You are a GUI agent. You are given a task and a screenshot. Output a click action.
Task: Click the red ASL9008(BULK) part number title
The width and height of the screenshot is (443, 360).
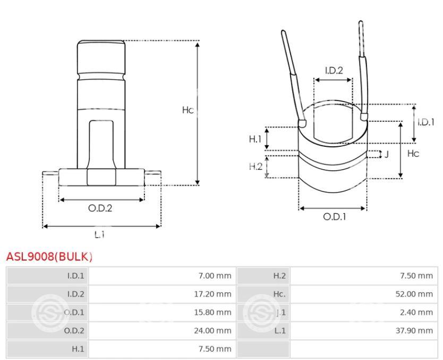(49, 256)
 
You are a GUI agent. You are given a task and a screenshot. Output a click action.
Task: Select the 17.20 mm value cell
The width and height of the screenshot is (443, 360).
(212, 294)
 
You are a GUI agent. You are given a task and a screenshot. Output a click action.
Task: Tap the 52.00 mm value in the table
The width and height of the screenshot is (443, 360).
(414, 294)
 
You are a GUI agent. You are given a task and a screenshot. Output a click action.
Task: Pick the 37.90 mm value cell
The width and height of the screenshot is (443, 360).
(414, 331)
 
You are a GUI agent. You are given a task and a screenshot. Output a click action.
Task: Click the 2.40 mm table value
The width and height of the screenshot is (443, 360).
(416, 312)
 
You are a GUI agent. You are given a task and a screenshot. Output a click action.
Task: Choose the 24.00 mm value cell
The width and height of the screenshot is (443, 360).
(212, 331)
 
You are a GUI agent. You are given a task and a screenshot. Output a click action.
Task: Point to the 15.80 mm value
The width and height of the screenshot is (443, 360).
(212, 312)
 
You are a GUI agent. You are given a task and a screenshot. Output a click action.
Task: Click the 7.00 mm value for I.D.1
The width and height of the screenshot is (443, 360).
(215, 276)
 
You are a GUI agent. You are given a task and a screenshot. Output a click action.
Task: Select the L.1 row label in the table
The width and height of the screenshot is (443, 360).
(280, 331)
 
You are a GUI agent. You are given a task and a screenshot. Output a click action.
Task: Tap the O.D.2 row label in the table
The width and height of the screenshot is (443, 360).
(74, 331)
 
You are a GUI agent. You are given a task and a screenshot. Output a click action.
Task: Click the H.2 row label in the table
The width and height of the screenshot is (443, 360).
(279, 276)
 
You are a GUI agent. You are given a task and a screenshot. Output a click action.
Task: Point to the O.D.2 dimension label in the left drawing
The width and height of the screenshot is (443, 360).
(100, 208)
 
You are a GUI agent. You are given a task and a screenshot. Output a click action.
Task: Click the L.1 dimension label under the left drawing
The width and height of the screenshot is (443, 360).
(99, 234)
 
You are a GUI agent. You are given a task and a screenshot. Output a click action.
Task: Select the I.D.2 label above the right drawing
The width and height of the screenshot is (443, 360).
(334, 70)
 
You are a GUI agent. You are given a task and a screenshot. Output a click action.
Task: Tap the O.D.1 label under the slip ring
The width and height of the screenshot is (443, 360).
(335, 217)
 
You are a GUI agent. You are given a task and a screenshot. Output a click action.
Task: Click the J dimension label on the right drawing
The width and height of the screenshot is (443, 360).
(387, 154)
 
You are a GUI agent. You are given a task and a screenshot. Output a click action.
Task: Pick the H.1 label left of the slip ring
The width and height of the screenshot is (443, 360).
(255, 139)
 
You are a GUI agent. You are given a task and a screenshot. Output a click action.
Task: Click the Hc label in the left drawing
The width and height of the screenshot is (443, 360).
(188, 110)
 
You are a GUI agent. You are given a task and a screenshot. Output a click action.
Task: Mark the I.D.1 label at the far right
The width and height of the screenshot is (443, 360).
(426, 122)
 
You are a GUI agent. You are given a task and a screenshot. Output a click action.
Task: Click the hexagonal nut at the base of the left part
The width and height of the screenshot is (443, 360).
(101, 177)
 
